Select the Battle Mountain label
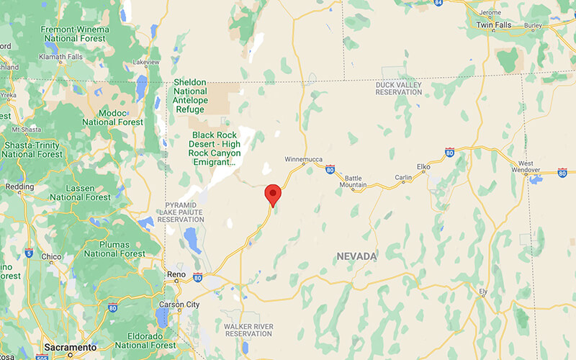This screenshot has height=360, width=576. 354,181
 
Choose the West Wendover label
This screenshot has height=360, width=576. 526,168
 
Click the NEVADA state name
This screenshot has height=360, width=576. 356,256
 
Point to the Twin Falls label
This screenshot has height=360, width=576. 496,24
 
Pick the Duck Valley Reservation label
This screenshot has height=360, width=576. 398,88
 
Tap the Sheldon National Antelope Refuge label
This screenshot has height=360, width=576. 190,96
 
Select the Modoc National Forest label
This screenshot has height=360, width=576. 113,117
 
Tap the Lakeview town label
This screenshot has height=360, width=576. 146,62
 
